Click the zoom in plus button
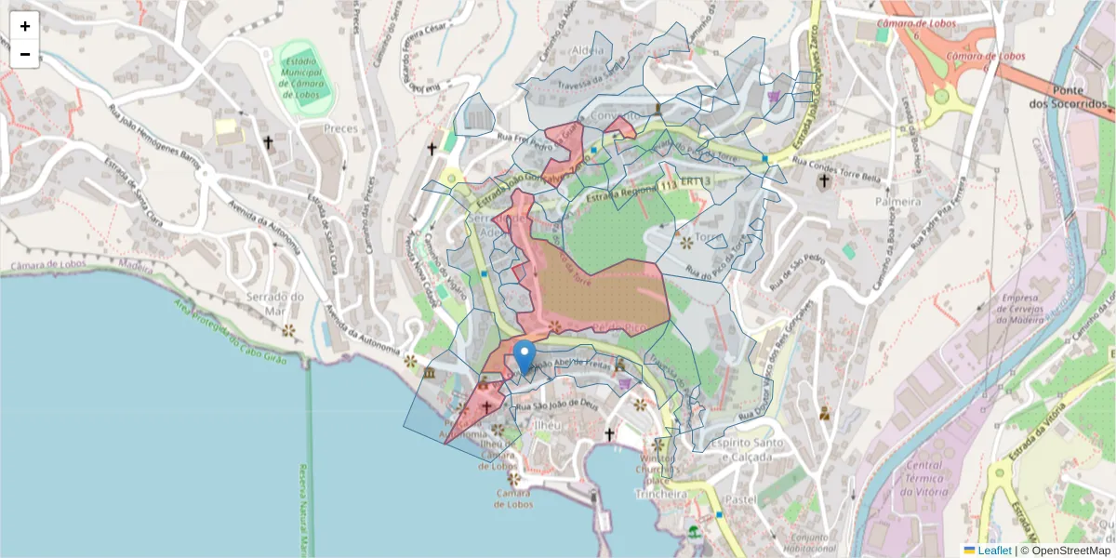[25, 26]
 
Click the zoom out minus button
[25, 54]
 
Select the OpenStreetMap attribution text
[1064, 550]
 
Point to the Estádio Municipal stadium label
[299, 76]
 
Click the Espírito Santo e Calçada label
[741, 450]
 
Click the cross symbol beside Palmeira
[824, 180]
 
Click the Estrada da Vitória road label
[1033, 433]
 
